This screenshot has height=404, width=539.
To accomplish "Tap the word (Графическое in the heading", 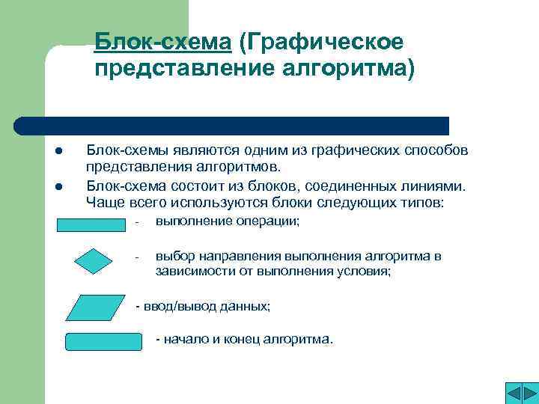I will tap(322, 43).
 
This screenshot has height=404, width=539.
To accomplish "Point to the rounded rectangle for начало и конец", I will tap(103, 342).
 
